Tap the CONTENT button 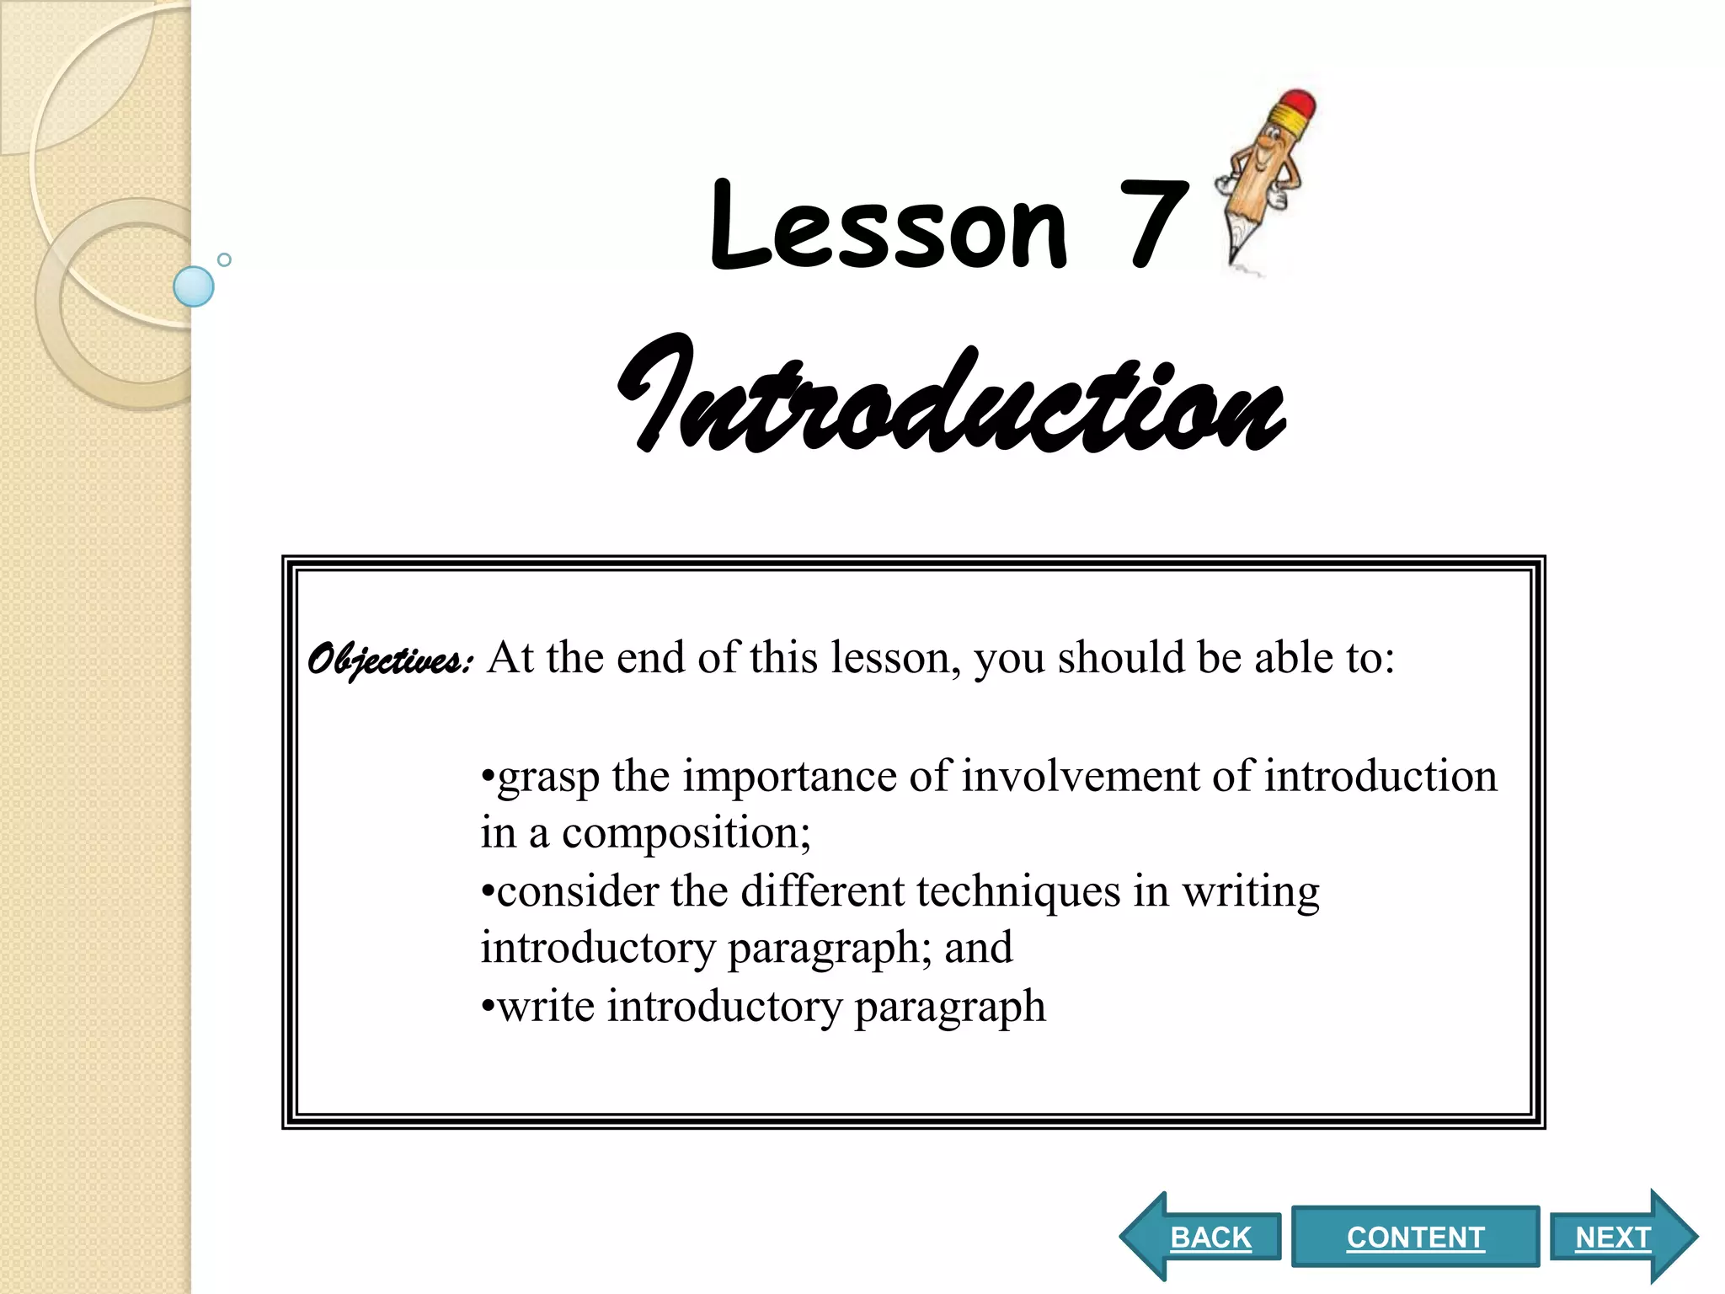tap(1415, 1237)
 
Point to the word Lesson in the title tap(889, 226)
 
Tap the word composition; tap(686, 833)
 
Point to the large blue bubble tap(194, 286)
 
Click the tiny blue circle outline tap(224, 259)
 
